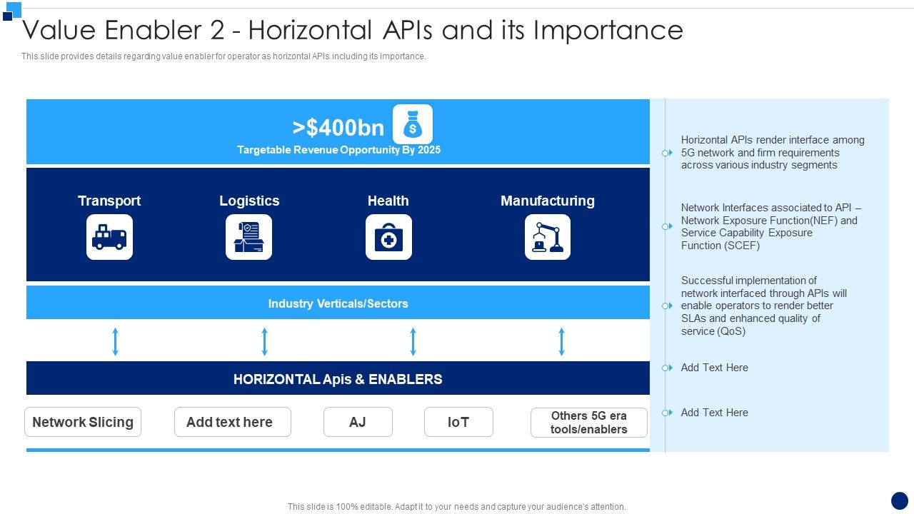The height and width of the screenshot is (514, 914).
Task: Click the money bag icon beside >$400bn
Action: coord(413,125)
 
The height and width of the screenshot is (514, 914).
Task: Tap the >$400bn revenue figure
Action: coord(338,128)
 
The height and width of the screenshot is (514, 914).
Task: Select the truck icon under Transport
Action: coord(109,237)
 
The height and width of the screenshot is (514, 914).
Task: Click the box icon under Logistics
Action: coord(249,237)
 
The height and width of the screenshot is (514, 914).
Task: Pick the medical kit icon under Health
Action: coord(388,237)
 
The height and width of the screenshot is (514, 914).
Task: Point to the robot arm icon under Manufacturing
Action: coord(548,237)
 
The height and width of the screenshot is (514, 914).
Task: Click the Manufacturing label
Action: coord(548,201)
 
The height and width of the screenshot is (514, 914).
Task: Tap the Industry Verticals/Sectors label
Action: coord(338,303)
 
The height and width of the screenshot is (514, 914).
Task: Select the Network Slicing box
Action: coord(83,422)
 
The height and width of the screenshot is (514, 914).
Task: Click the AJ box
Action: coord(358,422)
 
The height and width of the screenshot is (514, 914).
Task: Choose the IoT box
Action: coord(458,422)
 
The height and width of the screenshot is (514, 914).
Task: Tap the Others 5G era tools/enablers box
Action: coord(589,423)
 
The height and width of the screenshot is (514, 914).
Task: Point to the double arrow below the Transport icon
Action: coord(116,342)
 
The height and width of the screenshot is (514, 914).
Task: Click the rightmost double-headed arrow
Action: coord(562,342)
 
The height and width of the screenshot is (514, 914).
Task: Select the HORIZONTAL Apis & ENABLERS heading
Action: coord(338,379)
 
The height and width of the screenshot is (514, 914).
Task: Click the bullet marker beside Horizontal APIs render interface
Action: coord(666,153)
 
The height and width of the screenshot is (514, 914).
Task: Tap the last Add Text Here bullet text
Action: coord(714,413)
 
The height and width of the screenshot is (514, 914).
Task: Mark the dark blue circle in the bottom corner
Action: coord(900,500)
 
